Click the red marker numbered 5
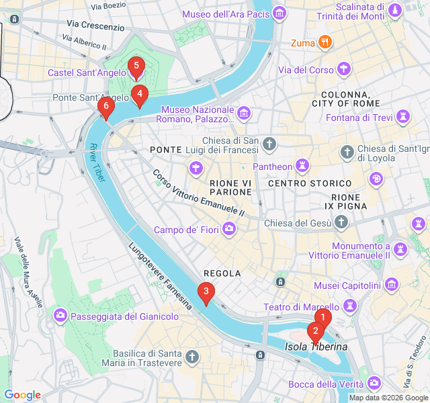[136, 66]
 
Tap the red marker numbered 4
[139, 94]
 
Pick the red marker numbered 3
[206, 292]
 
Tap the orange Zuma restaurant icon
[325, 44]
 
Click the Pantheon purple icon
[304, 165]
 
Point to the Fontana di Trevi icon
[403, 118]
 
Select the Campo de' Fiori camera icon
[230, 230]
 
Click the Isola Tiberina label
[316, 347]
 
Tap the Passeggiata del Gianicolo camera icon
[60, 316]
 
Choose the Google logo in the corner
[22, 395]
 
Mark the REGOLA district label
[222, 273]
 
